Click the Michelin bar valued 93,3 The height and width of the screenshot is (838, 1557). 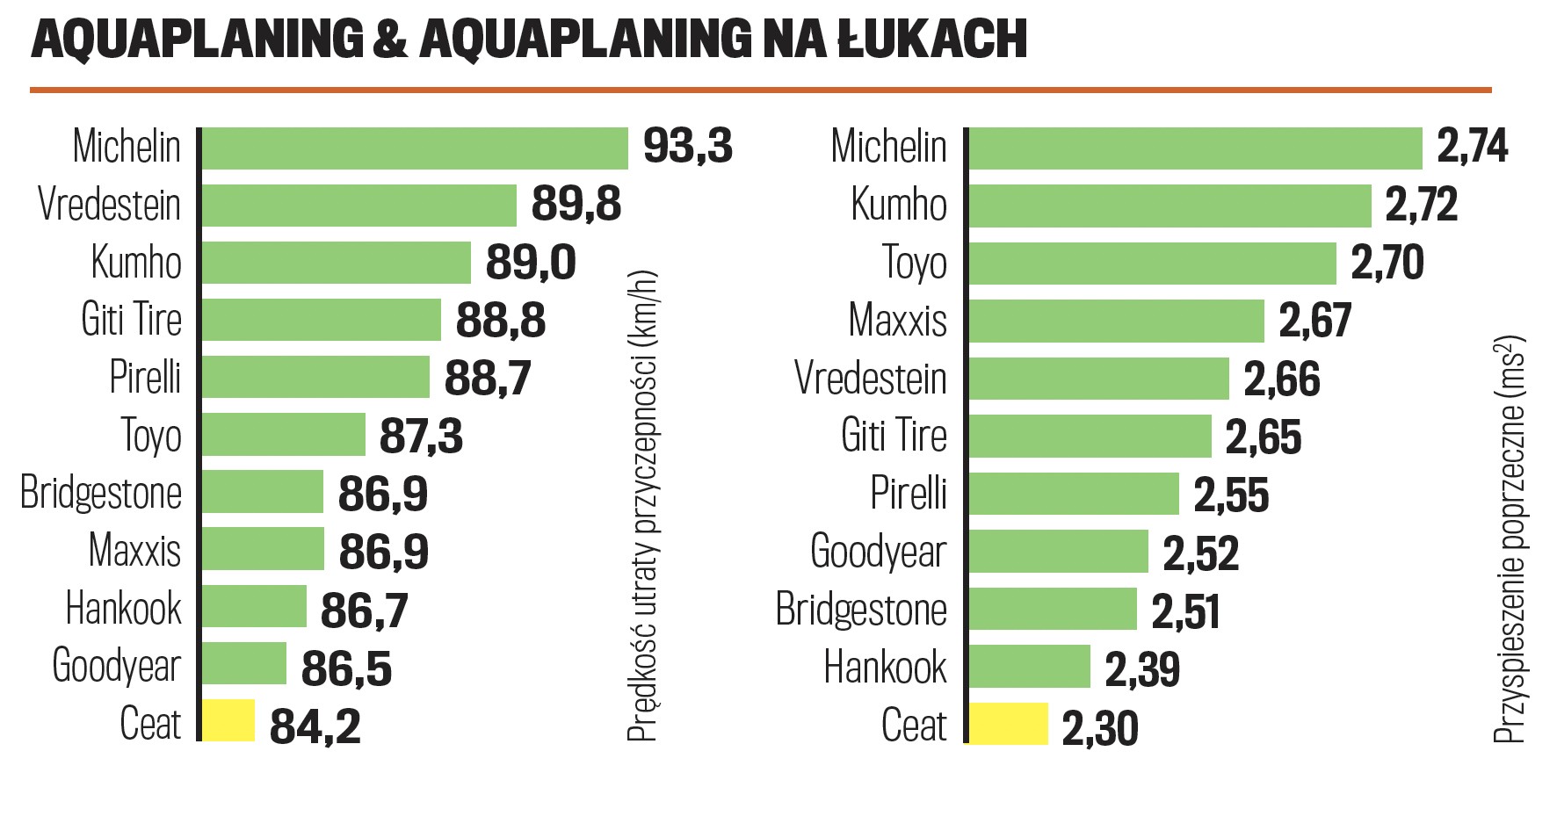[x=415, y=148]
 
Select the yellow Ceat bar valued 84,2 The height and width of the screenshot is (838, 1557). [x=228, y=720]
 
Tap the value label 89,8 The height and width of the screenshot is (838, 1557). [x=576, y=205]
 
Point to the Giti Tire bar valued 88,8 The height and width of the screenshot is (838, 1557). [x=322, y=319]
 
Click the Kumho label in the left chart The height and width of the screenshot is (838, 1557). [x=136, y=263]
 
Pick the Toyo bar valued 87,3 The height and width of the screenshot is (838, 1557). [x=284, y=435]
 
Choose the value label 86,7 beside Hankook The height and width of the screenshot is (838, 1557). [x=364, y=610]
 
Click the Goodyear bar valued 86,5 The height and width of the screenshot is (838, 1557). [x=244, y=663]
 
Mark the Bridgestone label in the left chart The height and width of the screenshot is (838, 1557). [x=101, y=493]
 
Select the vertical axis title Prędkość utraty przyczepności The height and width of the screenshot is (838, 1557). [x=642, y=506]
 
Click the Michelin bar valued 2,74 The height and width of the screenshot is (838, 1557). [x=1195, y=148]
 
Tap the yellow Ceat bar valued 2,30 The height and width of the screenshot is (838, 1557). [x=1009, y=724]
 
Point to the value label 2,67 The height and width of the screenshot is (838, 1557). [x=1314, y=321]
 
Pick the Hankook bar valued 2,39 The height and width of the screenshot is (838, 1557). [x=1029, y=667]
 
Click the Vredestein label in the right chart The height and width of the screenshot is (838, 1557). [x=871, y=379]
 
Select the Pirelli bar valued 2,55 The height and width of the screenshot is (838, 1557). [x=1074, y=494]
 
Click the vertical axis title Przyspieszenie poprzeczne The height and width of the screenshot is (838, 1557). [x=1510, y=539]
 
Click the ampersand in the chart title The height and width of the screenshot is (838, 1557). [x=390, y=39]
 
